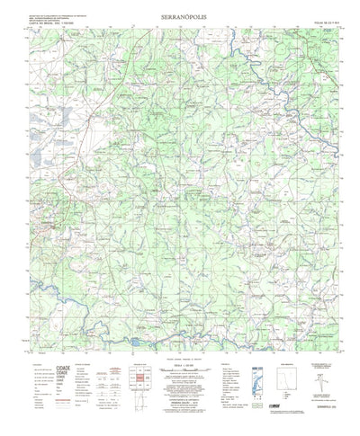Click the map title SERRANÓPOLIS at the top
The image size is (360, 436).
click(x=179, y=16)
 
